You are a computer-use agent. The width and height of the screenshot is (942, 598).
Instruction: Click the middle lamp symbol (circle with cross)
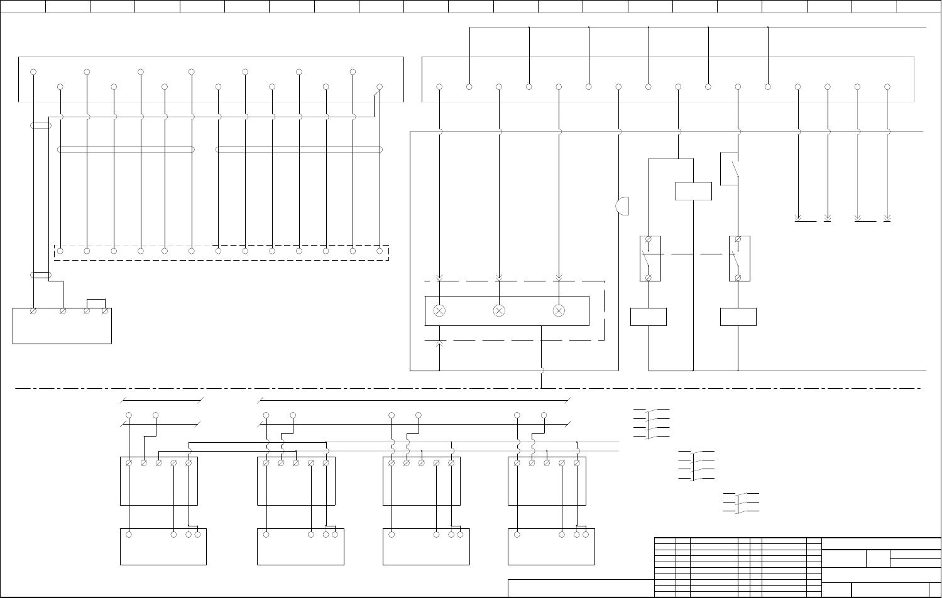(499, 311)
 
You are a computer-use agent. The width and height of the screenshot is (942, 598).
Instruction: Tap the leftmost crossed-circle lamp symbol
(439, 311)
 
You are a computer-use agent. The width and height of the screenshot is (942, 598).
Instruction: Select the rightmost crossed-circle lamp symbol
(559, 311)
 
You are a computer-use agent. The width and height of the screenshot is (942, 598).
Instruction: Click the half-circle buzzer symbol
(622, 206)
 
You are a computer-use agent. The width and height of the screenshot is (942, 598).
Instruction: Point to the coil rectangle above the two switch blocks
(693, 191)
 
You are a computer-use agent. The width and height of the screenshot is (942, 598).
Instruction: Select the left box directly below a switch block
(648, 317)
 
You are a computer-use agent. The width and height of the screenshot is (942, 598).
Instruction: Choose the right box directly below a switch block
(738, 317)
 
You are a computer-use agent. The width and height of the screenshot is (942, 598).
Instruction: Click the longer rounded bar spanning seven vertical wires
(298, 149)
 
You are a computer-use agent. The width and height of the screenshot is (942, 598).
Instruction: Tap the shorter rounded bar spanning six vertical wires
(126, 149)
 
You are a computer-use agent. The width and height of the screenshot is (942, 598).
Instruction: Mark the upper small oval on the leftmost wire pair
(40, 126)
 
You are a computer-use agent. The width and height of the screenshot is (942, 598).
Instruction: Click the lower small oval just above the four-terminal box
(40, 275)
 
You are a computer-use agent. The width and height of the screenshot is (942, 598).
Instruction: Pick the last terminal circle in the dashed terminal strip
(380, 251)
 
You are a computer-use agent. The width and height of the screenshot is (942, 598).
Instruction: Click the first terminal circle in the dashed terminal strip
(60, 251)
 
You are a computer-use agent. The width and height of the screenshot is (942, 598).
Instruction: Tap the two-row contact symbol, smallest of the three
(741, 503)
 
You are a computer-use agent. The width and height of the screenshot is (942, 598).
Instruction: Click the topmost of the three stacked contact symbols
(651, 423)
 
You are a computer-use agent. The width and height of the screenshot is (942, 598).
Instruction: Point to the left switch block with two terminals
(650, 258)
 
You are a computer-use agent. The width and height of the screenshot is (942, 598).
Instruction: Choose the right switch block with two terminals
(739, 258)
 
